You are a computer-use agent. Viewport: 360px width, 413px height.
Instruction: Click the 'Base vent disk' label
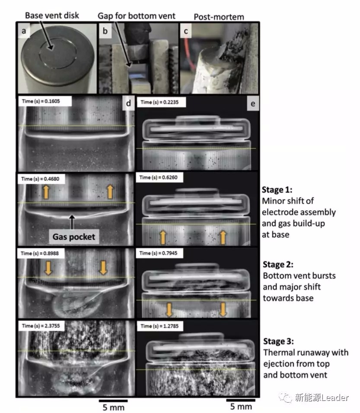[x=52, y=15]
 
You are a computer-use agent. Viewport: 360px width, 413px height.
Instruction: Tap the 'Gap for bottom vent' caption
[x=136, y=16]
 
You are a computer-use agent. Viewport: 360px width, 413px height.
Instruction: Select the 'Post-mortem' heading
[x=219, y=17]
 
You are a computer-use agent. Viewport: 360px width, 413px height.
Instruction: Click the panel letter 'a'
[x=24, y=31]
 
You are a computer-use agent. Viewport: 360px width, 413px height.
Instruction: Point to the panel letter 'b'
[x=105, y=31]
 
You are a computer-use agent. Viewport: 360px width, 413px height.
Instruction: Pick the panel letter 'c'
[x=186, y=31]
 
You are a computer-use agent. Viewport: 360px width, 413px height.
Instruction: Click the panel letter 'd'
[x=128, y=103]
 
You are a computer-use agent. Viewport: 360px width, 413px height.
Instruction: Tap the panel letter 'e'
[x=253, y=103]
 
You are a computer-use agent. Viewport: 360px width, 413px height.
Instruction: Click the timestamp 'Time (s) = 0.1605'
[x=41, y=101]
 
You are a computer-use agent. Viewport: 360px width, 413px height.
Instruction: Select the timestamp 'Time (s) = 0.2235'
[x=159, y=102]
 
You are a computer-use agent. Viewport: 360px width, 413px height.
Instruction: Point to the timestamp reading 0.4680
[x=40, y=179]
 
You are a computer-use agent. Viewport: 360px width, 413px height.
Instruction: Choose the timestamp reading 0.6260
[x=159, y=178]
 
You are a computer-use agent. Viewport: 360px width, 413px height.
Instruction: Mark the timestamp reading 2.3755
[x=41, y=326]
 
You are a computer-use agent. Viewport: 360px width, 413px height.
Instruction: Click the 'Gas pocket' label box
[x=74, y=237]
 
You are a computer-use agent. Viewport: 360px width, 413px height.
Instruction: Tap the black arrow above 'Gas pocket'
[x=72, y=222]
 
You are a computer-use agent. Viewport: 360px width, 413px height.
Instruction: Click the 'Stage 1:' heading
[x=277, y=190]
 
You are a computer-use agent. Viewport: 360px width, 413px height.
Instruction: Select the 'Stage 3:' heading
[x=278, y=341]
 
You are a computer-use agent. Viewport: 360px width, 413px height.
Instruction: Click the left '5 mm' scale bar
[x=113, y=401]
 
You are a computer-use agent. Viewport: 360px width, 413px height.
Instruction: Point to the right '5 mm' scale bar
[x=241, y=400]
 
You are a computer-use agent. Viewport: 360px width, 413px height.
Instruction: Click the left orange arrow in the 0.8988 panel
[x=48, y=268]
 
